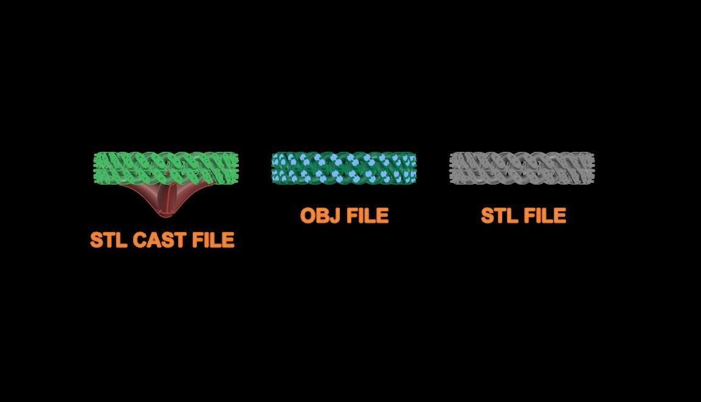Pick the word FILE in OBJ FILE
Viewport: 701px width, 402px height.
click(367, 216)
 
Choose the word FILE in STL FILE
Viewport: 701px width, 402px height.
click(545, 216)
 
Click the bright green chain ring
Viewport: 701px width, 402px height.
click(166, 168)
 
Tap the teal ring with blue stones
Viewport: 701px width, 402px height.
click(344, 168)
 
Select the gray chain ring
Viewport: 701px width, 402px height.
click(522, 168)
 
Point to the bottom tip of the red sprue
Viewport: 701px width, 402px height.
click(166, 217)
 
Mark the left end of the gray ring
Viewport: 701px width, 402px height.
click(449, 168)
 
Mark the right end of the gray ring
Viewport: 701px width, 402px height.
click(595, 168)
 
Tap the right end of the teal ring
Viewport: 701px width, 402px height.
click(416, 168)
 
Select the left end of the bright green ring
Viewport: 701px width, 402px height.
click(94, 168)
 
